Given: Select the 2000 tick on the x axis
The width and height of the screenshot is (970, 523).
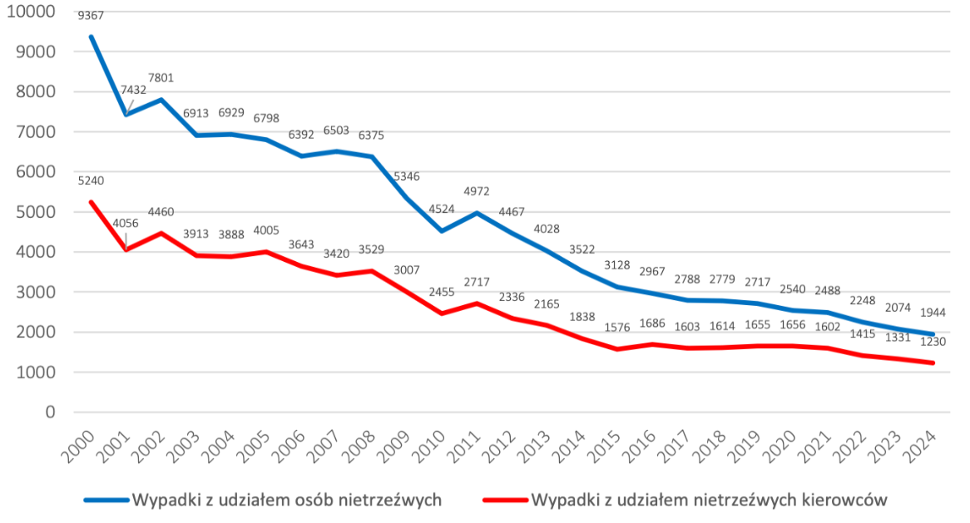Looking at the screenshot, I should (x=80, y=440).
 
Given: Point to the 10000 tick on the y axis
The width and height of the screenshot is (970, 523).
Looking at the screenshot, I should (x=31, y=12).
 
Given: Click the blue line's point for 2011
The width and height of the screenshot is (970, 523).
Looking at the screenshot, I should (x=477, y=213).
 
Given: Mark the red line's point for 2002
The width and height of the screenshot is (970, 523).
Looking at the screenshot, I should (x=161, y=233).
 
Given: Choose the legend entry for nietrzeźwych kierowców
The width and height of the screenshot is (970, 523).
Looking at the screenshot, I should (x=709, y=500).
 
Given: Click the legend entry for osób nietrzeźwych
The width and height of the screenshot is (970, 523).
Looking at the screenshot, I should (x=285, y=500).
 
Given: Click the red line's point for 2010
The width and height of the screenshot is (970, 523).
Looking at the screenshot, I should (x=442, y=313).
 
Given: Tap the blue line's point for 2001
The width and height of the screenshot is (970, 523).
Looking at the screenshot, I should (x=126, y=115).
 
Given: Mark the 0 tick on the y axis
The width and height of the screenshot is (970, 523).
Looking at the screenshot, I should (x=50, y=412).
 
